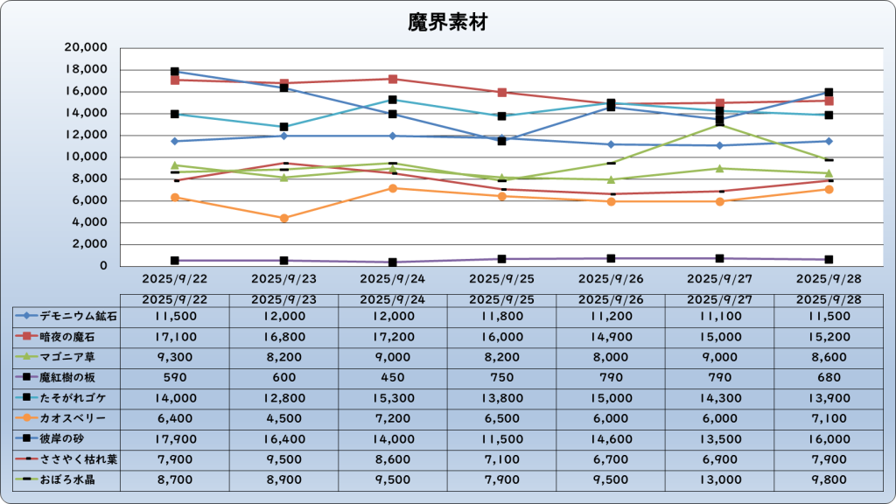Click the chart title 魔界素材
pos(447,23)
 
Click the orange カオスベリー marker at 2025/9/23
pos(284,218)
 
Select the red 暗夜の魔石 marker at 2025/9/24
pos(393,79)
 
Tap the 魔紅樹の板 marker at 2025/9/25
pos(502,259)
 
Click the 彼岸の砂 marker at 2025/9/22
pos(175,72)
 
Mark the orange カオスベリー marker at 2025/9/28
pos(829,189)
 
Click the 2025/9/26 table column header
pos(611,299)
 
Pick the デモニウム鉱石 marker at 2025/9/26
pos(611,144)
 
